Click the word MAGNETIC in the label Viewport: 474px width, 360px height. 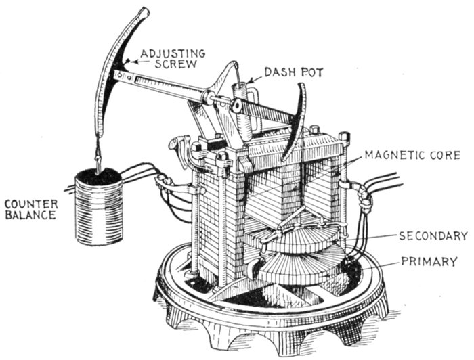click(x=392, y=156)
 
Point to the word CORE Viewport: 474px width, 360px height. click(x=445, y=156)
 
